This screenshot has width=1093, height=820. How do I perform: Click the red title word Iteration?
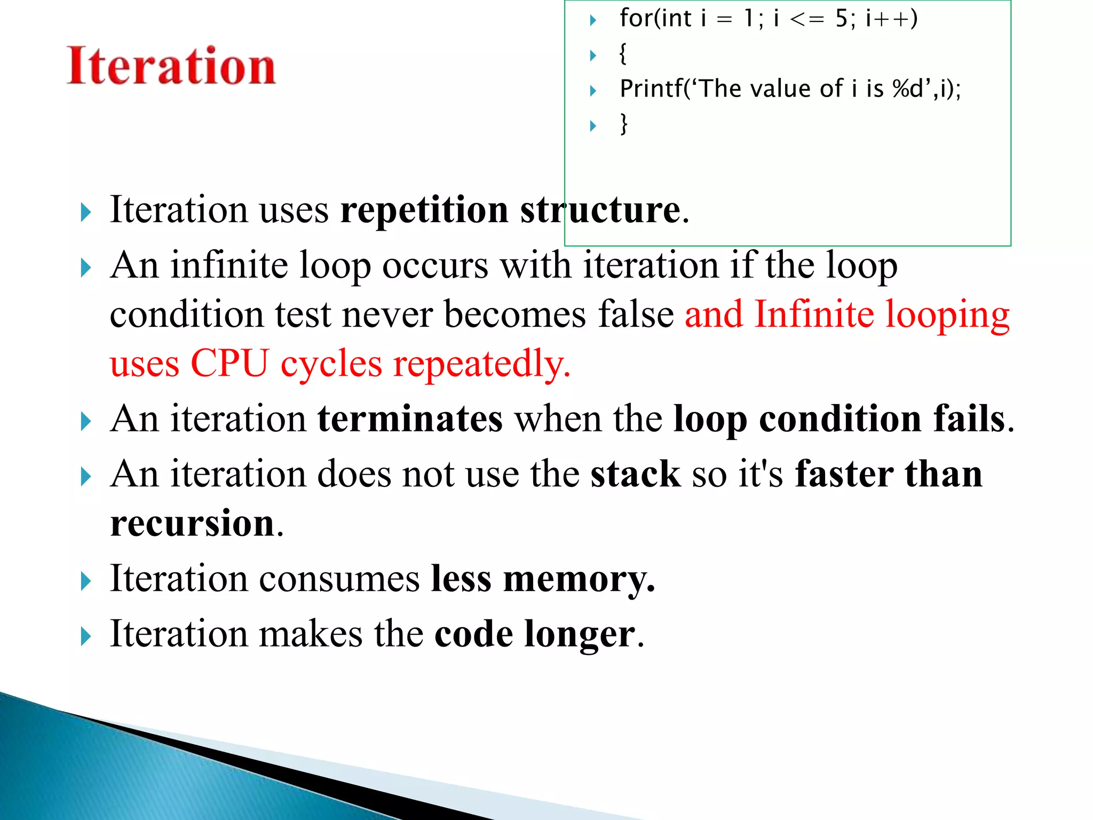tap(171, 66)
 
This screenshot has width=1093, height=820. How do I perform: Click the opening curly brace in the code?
tap(623, 54)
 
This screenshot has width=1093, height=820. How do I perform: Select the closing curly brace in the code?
tap(623, 124)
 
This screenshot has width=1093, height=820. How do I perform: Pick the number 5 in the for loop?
tap(842, 19)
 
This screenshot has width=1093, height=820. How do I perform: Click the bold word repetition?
tap(424, 210)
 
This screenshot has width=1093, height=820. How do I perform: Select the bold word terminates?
tap(410, 419)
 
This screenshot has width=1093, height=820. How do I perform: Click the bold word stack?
tap(635, 474)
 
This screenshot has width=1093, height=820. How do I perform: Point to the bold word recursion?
tap(192, 523)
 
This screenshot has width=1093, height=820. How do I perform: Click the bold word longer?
tap(580, 634)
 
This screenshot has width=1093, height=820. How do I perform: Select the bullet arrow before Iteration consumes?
tap(86, 581)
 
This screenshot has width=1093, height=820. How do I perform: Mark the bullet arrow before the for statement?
tap(592, 21)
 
